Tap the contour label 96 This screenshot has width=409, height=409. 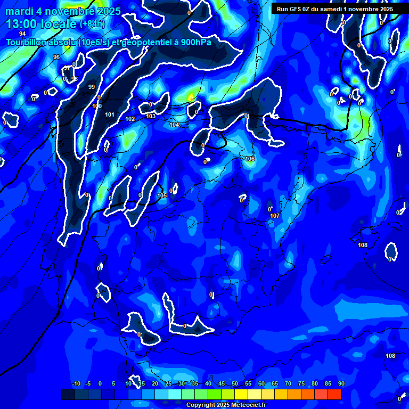click(x=56, y=57)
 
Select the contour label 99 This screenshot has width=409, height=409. click(x=92, y=87)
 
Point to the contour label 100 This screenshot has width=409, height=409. click(x=97, y=106)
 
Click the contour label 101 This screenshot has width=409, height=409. click(x=110, y=114)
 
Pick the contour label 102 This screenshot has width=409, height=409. click(x=130, y=119)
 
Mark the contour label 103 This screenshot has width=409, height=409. click(x=151, y=116)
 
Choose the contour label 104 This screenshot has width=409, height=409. click(x=174, y=125)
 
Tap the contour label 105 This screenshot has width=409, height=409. click(x=162, y=195)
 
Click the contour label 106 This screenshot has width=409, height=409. click(x=250, y=159)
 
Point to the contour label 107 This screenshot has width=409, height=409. click(x=275, y=216)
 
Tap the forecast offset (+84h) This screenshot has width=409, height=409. click(x=92, y=24)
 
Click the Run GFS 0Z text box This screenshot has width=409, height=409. click(x=335, y=9)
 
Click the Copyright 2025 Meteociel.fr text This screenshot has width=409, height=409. click(x=226, y=405)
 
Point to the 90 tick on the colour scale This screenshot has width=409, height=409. click(x=341, y=383)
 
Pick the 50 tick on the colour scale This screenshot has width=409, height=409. click(x=235, y=383)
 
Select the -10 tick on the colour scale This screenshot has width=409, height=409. click(x=76, y=383)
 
